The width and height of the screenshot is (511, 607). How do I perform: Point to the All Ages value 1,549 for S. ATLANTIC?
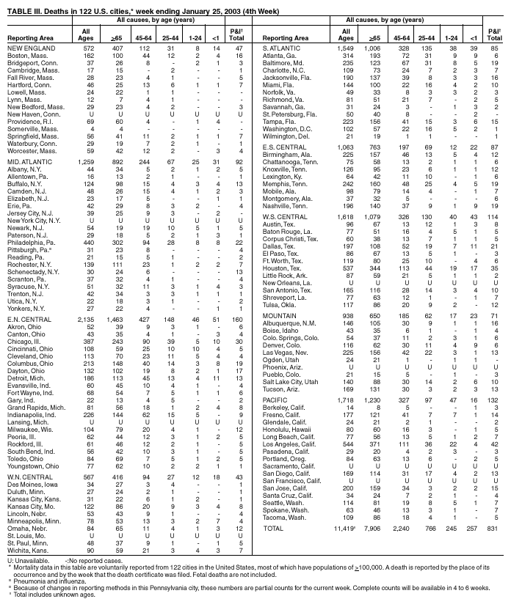[x=344, y=48]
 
